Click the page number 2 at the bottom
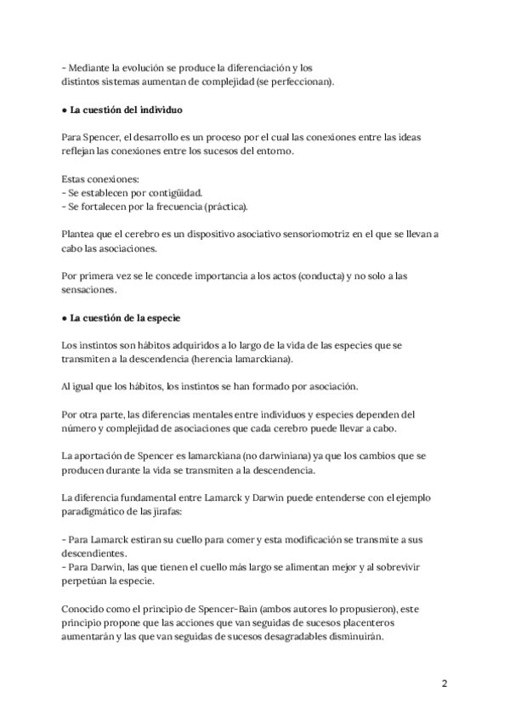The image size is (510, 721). coord(444,683)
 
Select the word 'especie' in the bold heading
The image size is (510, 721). coord(159,318)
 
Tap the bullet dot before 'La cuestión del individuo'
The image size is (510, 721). coord(65,111)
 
